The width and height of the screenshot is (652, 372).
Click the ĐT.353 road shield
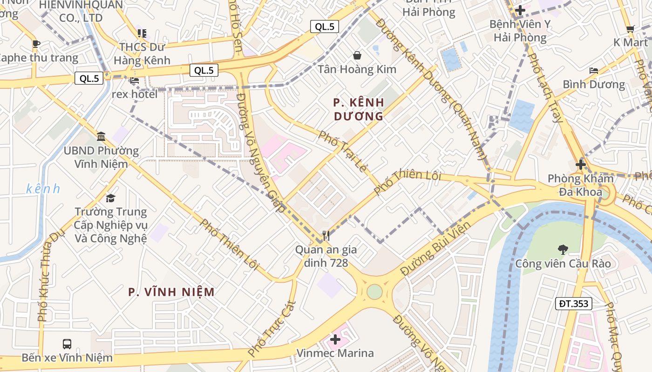point(574,304)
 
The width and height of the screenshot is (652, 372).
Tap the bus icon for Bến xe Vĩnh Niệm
point(67,344)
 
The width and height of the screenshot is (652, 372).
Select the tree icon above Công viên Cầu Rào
point(563,250)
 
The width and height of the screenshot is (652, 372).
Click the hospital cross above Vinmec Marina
point(335,339)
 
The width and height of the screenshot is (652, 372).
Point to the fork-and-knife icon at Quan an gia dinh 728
point(326,236)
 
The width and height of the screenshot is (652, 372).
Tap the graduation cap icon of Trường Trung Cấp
point(110,199)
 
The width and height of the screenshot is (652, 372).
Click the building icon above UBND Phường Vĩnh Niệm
point(101,137)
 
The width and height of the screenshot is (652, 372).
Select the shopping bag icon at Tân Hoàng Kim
point(357,56)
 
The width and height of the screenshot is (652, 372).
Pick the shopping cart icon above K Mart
point(630,29)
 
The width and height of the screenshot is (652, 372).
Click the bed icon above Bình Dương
point(593,71)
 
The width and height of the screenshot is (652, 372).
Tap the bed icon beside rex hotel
point(135,81)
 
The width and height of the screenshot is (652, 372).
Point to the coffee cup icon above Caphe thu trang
point(36,44)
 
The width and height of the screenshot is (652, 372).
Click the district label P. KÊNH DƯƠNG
point(359,109)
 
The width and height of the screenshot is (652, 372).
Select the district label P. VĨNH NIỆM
point(171,292)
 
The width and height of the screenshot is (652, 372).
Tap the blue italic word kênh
point(43,188)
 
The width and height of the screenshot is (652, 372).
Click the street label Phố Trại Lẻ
point(343,152)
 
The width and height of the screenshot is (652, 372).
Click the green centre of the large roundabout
point(374,292)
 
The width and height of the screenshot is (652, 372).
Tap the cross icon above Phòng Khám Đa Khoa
point(580,164)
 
